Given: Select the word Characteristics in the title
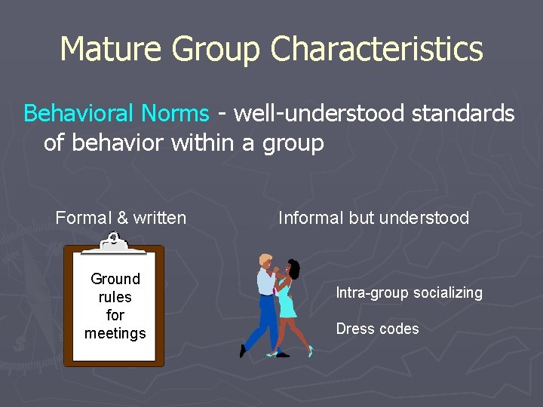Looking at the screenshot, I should [x=377, y=50].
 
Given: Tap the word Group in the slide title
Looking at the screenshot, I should [x=216, y=50].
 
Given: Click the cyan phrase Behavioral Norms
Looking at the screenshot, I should [x=116, y=114].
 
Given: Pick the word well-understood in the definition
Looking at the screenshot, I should [x=316, y=114].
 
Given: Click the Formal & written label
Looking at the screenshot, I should [x=121, y=219].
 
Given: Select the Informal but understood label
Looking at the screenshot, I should [x=373, y=219].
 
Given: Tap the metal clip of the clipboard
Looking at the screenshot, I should [x=113, y=243].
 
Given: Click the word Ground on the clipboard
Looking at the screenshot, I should [x=115, y=279].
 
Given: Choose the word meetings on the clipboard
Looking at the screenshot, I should [x=115, y=333].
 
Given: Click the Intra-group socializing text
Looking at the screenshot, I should [x=409, y=292].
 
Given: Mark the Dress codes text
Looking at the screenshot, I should [x=377, y=329].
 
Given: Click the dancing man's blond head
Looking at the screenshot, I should [x=265, y=260].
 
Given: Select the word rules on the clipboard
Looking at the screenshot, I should [x=115, y=297].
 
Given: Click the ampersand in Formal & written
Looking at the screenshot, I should [x=122, y=219].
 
